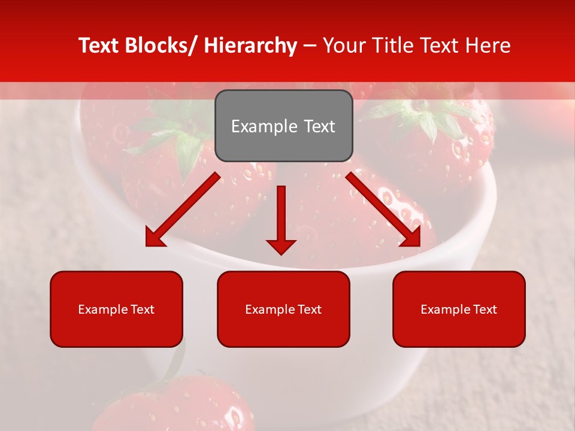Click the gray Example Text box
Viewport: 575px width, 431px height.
pos(283,126)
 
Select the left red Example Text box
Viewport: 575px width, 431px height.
pos(116,309)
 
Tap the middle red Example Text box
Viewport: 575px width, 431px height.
pos(283,309)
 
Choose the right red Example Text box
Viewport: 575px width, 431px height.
pos(459,309)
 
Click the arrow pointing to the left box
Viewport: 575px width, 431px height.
pos(182,210)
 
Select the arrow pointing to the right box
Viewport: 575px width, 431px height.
pos(383,210)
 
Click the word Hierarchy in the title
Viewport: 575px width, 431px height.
pos(250,45)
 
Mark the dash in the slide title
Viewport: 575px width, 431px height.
pos(310,45)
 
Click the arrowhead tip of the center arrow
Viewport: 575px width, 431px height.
pos(281,253)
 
